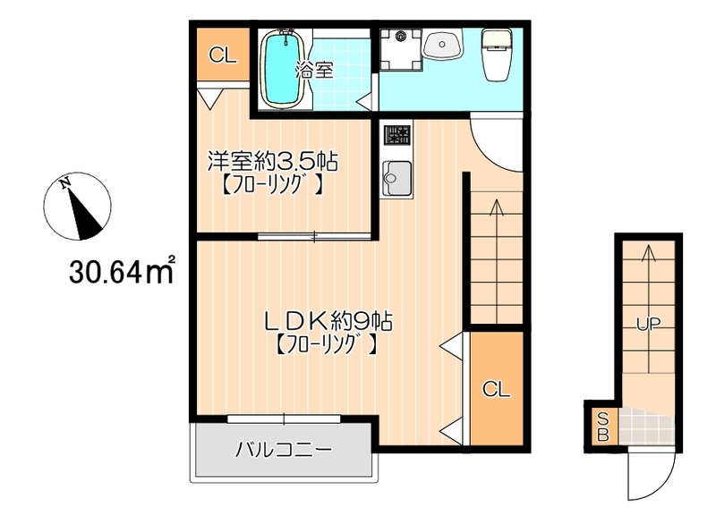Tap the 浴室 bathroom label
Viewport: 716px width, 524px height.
[314, 70]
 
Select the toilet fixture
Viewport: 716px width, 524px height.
[497, 55]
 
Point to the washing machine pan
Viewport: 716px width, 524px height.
[401, 49]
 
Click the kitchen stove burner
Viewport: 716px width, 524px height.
[397, 134]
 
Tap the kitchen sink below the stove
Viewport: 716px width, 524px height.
[396, 178]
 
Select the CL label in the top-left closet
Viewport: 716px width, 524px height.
[223, 55]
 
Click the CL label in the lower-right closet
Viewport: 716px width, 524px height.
[496, 389]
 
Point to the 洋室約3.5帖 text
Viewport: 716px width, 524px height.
[273, 161]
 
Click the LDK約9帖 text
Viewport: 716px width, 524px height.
[328, 322]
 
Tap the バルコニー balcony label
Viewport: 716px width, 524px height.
[283, 450]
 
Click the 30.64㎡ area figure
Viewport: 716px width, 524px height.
[122, 271]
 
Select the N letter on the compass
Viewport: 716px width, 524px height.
[65, 183]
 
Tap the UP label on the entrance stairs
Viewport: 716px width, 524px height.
[648, 324]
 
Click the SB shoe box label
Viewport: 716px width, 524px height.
[602, 427]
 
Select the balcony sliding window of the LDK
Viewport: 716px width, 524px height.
[284, 418]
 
